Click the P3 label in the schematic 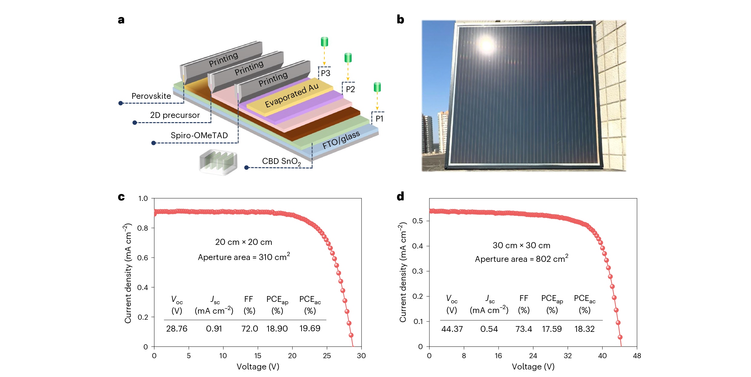(x=326, y=73)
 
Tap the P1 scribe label (x=379, y=119)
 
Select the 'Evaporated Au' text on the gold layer (x=292, y=95)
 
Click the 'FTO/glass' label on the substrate (x=341, y=140)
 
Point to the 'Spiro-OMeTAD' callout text (x=199, y=135)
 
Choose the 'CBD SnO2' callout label (x=281, y=162)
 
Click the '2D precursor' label (x=175, y=115)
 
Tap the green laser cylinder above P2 (x=348, y=57)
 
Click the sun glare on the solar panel (x=487, y=45)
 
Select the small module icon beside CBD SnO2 (x=218, y=162)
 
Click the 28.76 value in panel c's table (x=177, y=329)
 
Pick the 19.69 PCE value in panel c (x=310, y=329)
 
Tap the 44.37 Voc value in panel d (x=452, y=329)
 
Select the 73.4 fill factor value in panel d (x=524, y=329)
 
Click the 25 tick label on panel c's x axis (x=327, y=356)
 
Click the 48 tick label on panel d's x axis (x=637, y=356)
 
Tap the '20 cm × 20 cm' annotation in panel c (x=243, y=242)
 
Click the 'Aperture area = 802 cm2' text (x=521, y=259)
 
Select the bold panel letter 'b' (x=400, y=20)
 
